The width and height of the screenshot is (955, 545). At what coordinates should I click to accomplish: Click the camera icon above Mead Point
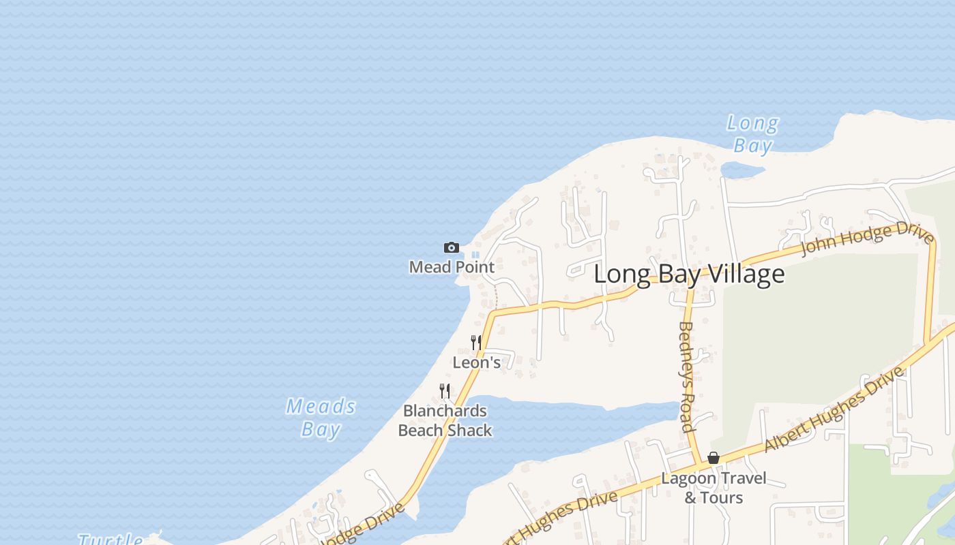[451, 247]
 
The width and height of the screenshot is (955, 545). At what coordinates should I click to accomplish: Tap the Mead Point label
[452, 267]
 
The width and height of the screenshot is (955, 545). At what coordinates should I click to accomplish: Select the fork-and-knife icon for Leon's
[476, 342]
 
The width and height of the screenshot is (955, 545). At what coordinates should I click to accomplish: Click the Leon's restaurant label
[477, 362]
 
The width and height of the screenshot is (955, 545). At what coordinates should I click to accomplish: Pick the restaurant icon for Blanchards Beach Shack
[445, 390]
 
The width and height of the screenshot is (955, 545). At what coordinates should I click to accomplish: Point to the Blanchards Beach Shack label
[445, 420]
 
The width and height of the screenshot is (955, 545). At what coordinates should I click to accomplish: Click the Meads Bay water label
[321, 418]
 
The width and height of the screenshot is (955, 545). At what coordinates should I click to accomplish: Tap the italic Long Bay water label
[752, 134]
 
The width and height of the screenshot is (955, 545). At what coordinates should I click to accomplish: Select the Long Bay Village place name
[689, 274]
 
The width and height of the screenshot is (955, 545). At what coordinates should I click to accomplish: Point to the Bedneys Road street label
[687, 377]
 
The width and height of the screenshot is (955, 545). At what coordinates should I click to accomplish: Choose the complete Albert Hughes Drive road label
[834, 409]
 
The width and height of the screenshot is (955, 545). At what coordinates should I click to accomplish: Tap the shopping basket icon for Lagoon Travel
[714, 458]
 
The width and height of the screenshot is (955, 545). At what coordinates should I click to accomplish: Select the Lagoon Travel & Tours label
[714, 488]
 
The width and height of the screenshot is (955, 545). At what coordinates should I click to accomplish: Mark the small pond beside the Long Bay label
[743, 168]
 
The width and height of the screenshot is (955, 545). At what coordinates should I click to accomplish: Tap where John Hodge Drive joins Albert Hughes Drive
[927, 343]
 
